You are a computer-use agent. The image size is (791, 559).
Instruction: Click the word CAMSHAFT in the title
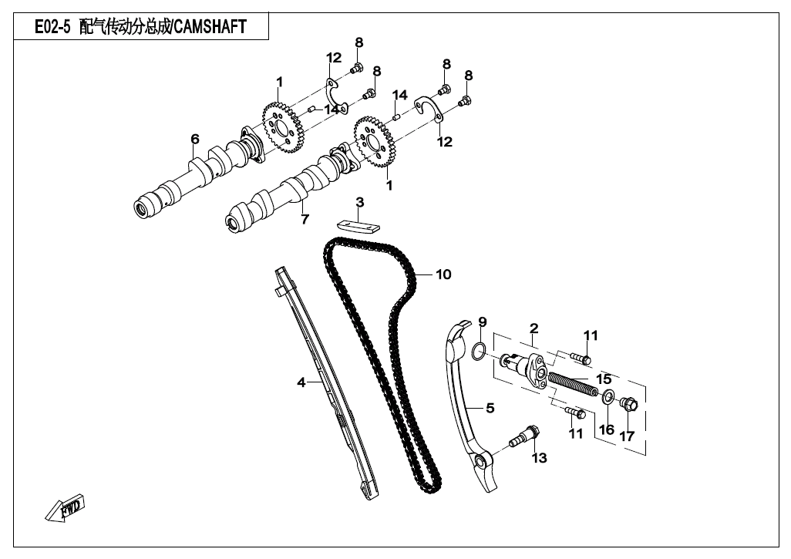[x=210, y=28]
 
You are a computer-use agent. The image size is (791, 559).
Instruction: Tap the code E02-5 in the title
[x=52, y=28]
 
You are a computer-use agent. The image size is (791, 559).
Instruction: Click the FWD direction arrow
[x=65, y=510]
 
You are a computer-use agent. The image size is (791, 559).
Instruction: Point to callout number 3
[x=359, y=203]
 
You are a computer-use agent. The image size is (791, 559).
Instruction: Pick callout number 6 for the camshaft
[x=195, y=139]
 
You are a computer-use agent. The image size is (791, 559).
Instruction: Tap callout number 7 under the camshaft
[x=305, y=220]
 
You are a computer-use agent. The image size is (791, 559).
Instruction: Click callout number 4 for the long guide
[x=302, y=382]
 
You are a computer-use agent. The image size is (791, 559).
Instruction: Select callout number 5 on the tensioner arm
[x=490, y=408]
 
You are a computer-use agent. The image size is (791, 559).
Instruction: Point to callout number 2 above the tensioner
[x=534, y=329]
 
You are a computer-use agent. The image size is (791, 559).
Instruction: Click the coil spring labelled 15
[x=573, y=382]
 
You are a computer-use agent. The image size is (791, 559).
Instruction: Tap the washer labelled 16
[x=608, y=398]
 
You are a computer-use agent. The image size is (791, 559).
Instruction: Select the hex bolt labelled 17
[x=627, y=402]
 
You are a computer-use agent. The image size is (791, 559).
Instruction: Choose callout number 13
[x=539, y=459]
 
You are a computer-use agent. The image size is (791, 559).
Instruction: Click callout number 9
[x=483, y=322]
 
